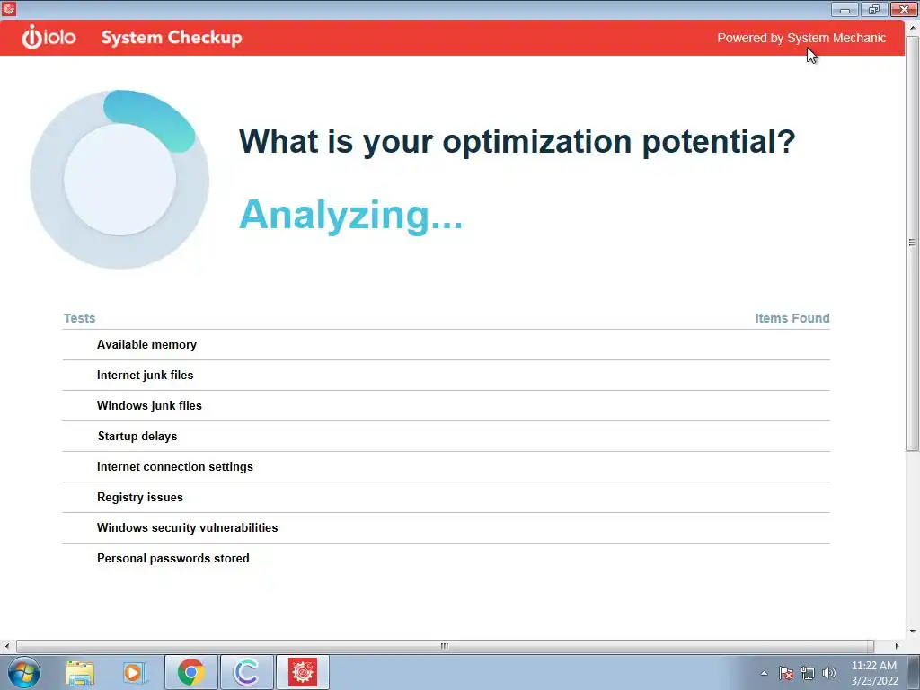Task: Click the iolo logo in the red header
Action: click(49, 38)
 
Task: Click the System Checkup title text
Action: click(172, 38)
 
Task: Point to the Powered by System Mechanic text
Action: click(801, 38)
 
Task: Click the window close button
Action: click(904, 9)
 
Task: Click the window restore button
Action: click(873, 9)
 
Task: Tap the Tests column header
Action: click(79, 318)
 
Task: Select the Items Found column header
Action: click(792, 318)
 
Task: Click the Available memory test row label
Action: click(146, 345)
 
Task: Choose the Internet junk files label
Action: click(145, 376)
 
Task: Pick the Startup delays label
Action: click(137, 437)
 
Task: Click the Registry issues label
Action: click(139, 498)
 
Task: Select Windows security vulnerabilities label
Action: click(187, 528)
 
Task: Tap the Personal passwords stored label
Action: click(173, 559)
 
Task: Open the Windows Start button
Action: click(24, 672)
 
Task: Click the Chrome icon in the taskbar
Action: click(190, 672)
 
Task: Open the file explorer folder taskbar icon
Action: click(80, 673)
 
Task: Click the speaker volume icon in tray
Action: click(829, 673)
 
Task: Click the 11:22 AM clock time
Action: click(873, 666)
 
